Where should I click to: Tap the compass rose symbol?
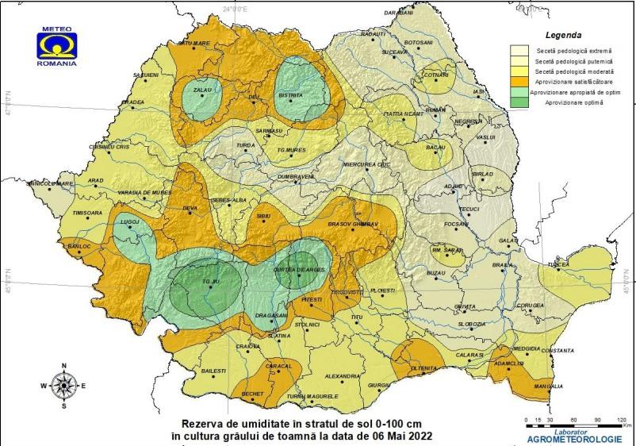tap(63, 386)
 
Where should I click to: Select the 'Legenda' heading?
tap(564, 36)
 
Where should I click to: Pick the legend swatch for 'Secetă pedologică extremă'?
tap(520, 50)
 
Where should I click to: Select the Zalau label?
tap(204, 90)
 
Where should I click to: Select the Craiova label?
tap(248, 346)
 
